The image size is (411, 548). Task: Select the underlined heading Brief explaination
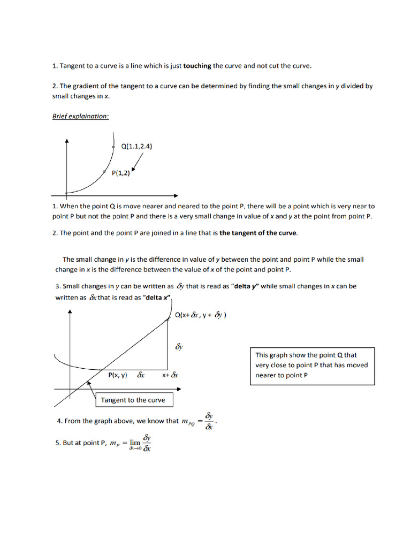coord(80,116)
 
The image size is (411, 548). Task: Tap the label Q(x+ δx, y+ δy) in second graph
coord(201,316)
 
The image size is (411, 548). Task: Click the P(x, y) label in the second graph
coord(118,376)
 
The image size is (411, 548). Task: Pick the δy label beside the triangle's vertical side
coord(180,347)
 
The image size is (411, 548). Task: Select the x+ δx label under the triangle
coord(170,376)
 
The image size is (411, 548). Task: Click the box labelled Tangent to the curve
coord(133,400)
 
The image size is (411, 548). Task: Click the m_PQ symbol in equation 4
coord(188,422)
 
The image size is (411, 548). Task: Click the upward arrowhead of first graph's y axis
coord(66,140)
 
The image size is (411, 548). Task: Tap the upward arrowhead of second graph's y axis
coord(70,312)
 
